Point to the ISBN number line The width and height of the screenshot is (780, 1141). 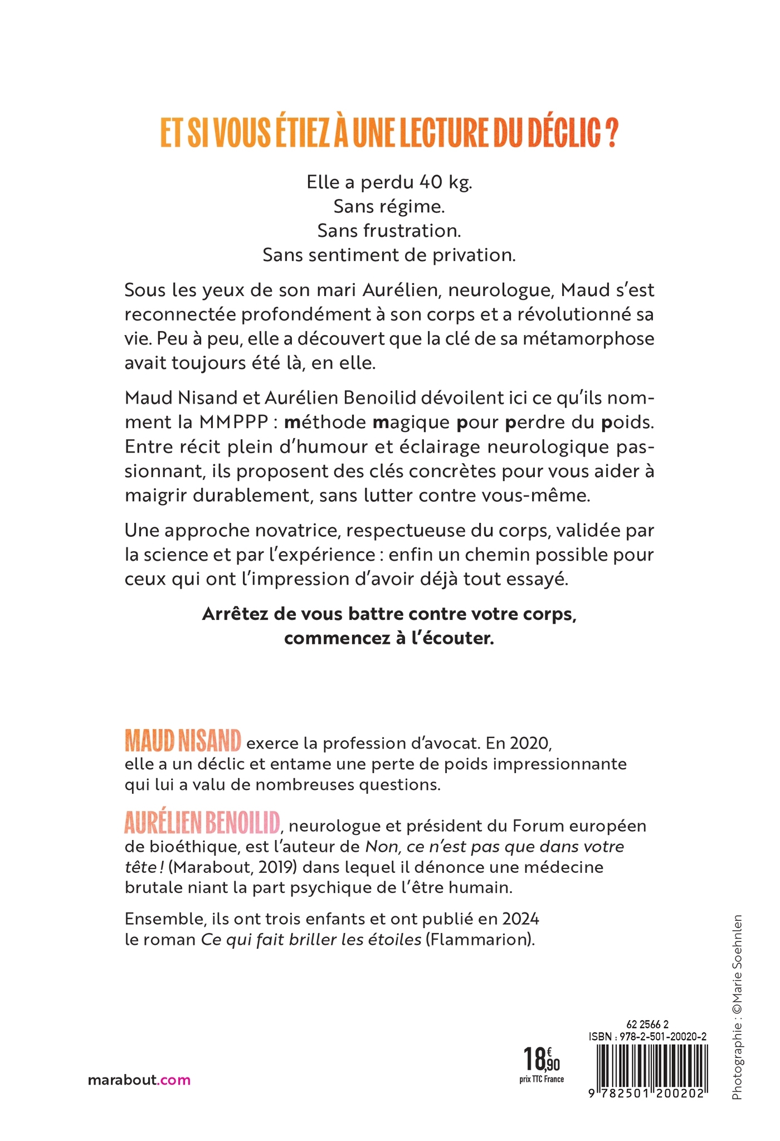[x=647, y=1037]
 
